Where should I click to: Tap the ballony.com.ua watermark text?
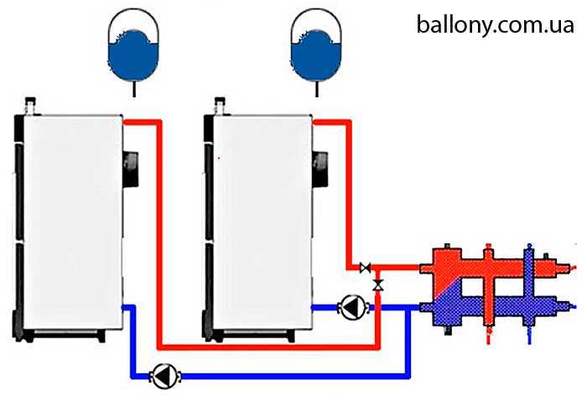coord(495,23)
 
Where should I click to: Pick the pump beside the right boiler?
coord(351,308)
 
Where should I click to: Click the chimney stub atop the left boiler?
coord(31,106)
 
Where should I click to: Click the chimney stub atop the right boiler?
coord(222,106)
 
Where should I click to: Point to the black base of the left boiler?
coord(63,334)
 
